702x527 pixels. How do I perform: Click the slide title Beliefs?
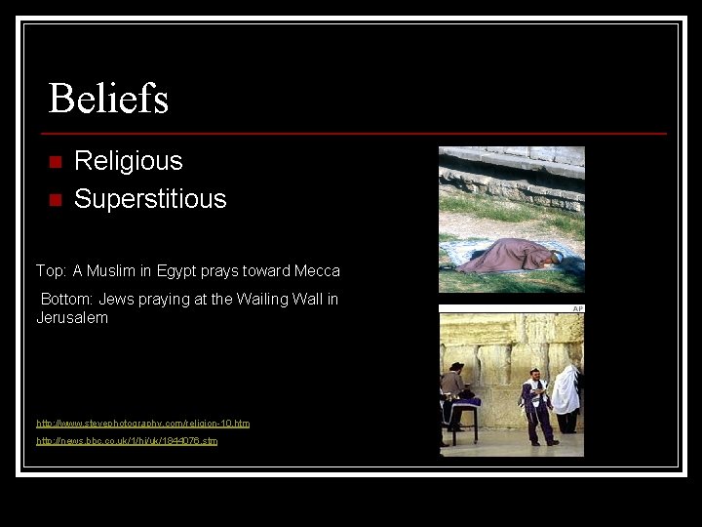108,99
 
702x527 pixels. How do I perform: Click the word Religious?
128,161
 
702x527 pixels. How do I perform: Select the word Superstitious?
150,199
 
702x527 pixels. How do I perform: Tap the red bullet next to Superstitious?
55,200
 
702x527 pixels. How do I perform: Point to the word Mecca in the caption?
319,270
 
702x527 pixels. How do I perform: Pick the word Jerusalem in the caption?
72,318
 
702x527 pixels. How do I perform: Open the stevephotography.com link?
142,424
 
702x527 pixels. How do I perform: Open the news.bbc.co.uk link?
127,441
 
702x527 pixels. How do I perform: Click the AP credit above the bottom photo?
578,308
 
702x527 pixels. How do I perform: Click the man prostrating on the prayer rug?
507,256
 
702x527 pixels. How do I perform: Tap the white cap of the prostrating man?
556,256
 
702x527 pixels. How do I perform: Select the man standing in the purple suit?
534,408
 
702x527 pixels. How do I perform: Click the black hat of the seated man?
456,366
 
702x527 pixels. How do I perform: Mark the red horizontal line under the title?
355,133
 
